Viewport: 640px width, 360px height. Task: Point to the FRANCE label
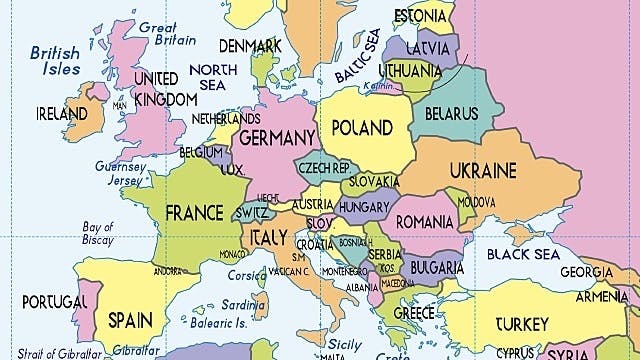(x=194, y=212)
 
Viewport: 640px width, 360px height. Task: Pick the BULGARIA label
(x=435, y=268)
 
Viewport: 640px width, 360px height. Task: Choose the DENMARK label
(x=249, y=46)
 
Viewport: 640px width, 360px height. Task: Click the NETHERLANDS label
(x=225, y=118)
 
